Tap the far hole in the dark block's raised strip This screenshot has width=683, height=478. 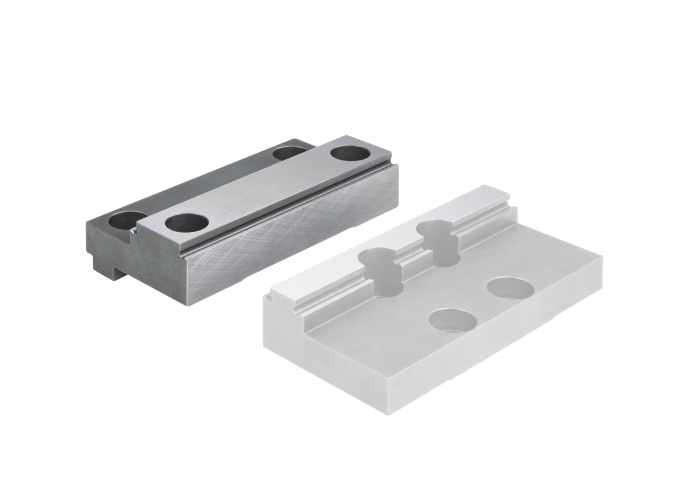point(349,152)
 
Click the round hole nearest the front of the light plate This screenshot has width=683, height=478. point(453,321)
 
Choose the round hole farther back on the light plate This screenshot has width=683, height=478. point(510,288)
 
